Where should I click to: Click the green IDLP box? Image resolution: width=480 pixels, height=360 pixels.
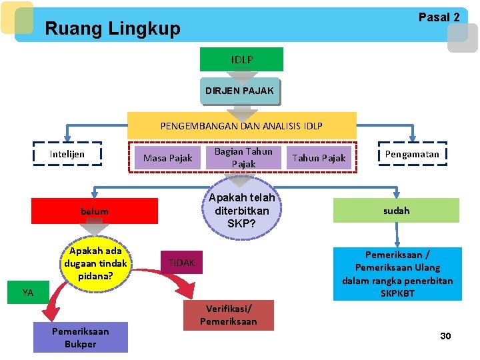(x=241, y=59)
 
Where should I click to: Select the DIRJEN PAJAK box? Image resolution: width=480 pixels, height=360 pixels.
(x=239, y=91)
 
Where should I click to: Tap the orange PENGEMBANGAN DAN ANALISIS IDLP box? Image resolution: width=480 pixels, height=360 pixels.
(x=241, y=125)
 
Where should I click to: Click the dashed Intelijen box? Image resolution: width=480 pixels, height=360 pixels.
(x=67, y=154)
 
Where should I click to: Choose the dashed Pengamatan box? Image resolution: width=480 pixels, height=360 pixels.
(x=413, y=154)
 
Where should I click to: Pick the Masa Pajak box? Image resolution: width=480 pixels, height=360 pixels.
(x=167, y=158)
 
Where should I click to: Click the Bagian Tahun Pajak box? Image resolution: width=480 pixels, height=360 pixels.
(x=243, y=157)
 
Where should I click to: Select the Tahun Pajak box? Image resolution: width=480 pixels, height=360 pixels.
(x=319, y=158)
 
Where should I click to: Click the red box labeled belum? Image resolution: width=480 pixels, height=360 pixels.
(x=95, y=211)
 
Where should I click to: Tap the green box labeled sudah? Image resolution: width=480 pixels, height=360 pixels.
(x=397, y=210)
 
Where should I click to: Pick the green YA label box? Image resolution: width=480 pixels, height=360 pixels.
(x=28, y=292)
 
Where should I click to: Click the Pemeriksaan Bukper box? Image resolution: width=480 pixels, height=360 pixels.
(x=81, y=337)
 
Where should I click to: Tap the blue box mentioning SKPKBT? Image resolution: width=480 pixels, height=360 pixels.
(x=397, y=273)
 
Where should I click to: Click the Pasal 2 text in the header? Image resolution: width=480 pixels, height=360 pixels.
(x=439, y=18)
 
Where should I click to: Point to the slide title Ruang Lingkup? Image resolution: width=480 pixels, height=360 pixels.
(x=112, y=29)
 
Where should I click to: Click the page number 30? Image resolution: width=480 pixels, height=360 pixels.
(x=445, y=336)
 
